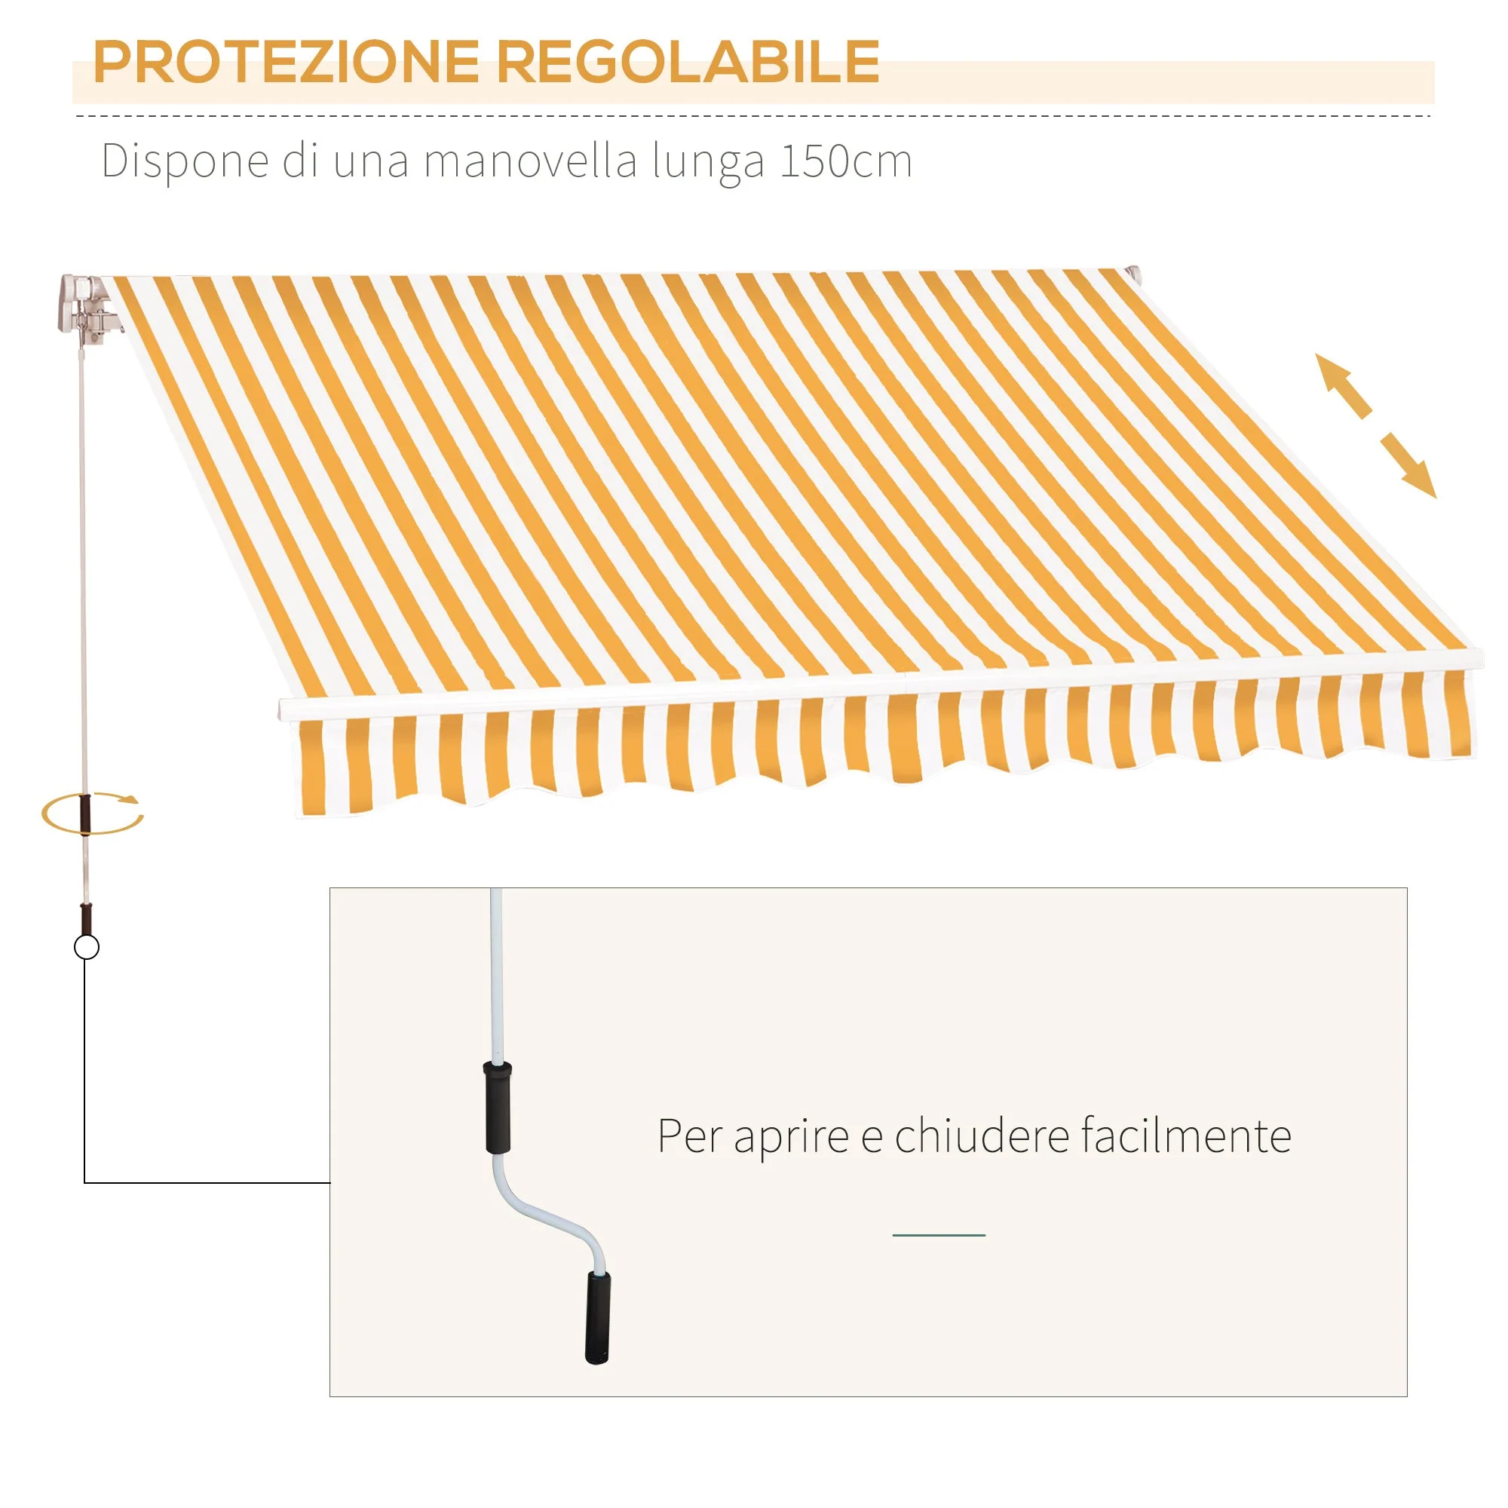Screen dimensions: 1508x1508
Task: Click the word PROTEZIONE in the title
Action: [286, 62]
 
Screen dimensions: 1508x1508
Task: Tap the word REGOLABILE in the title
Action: [689, 62]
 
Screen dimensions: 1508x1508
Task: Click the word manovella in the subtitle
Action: [532, 161]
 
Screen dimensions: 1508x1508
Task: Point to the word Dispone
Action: [185, 162]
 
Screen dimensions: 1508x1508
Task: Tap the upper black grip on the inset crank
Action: [498, 1106]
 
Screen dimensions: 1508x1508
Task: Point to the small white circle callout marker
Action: [87, 948]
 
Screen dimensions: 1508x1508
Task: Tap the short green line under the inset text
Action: [939, 1235]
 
